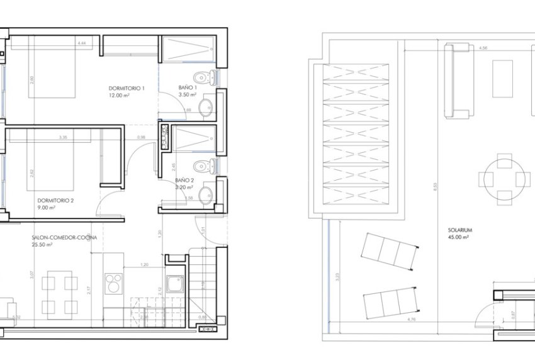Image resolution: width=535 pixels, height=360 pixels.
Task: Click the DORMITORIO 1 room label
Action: (127, 87)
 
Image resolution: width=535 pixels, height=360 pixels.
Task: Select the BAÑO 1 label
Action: (188, 87)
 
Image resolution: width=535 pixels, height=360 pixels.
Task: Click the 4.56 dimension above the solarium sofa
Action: (483, 48)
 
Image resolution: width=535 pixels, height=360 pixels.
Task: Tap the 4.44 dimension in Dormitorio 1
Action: (81, 43)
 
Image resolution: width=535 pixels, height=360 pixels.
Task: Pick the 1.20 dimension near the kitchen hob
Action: (144, 265)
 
